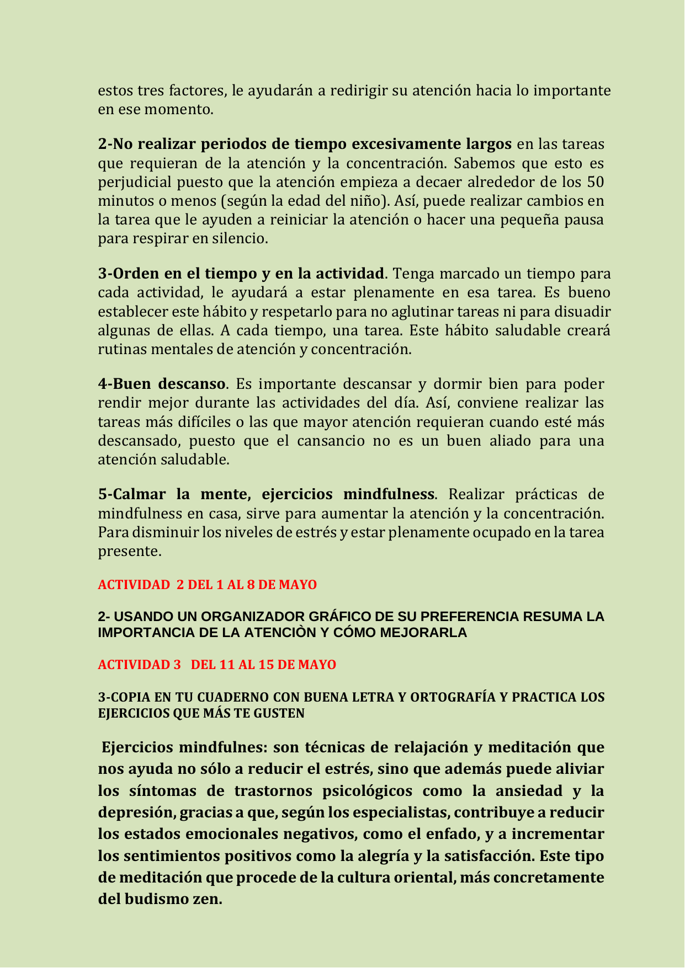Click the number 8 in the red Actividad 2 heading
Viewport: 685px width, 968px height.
[x=251, y=585]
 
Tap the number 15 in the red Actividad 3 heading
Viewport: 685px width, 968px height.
[x=265, y=665]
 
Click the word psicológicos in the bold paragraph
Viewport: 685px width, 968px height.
[x=359, y=791]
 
